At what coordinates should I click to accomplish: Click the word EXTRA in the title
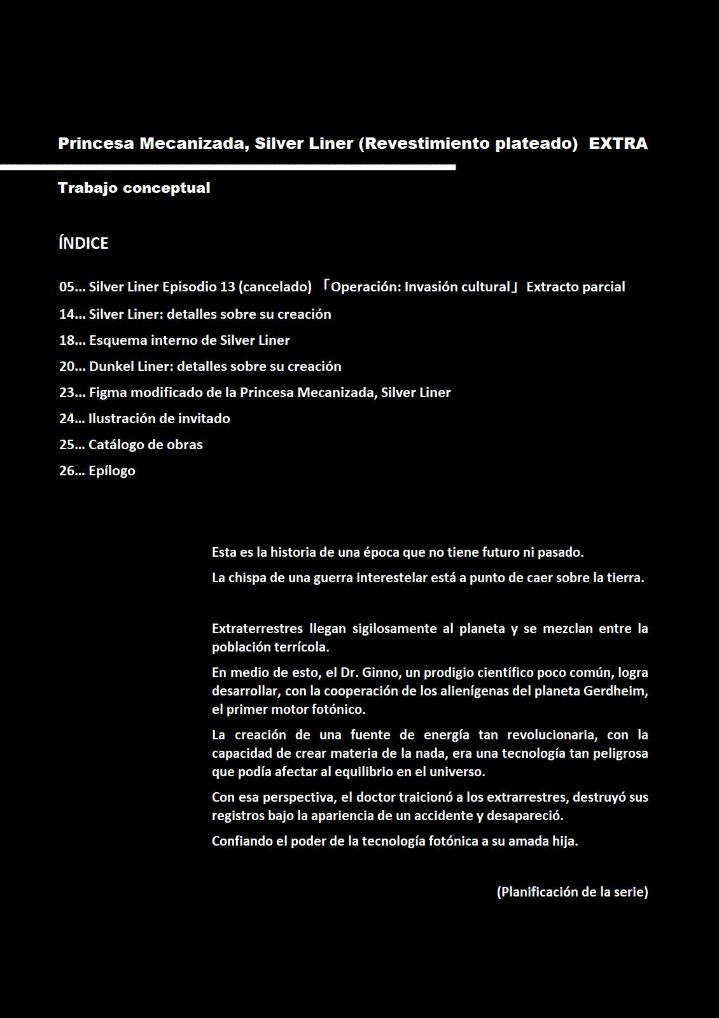click(x=618, y=144)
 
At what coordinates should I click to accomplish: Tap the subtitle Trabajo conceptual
click(x=134, y=188)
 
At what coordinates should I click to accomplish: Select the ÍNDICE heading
click(x=83, y=243)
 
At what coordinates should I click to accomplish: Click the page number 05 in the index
click(x=67, y=287)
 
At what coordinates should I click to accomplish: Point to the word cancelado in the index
click(x=275, y=287)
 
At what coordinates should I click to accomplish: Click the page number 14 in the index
click(x=67, y=314)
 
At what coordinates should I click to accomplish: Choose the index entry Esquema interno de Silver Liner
click(x=189, y=340)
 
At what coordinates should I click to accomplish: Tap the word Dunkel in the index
click(x=109, y=366)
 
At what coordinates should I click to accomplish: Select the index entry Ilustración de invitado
click(x=159, y=419)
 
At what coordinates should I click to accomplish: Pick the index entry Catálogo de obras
click(x=145, y=445)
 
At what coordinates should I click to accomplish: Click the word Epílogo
click(x=112, y=471)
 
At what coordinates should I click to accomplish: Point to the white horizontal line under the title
click(x=228, y=167)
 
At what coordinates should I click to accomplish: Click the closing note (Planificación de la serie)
click(x=572, y=892)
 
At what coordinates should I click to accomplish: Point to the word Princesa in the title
click(x=96, y=144)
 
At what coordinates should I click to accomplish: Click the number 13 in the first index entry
click(x=227, y=287)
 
